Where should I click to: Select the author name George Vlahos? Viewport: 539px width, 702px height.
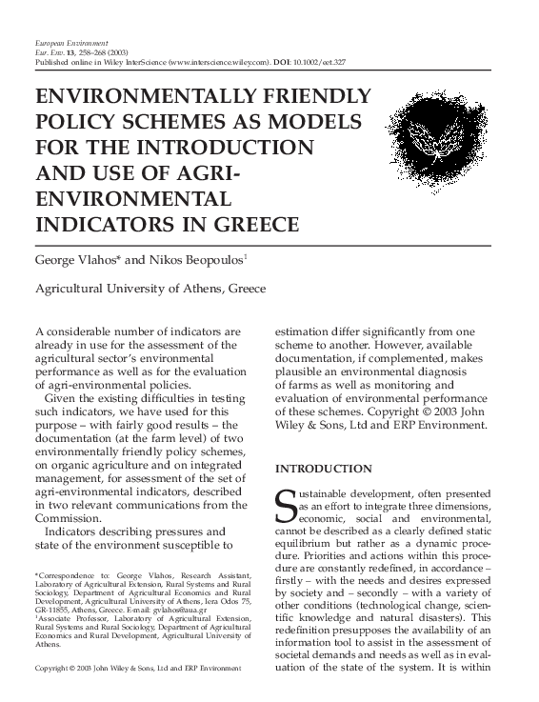coord(73,258)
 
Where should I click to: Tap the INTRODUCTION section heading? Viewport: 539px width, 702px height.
coord(323,469)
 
